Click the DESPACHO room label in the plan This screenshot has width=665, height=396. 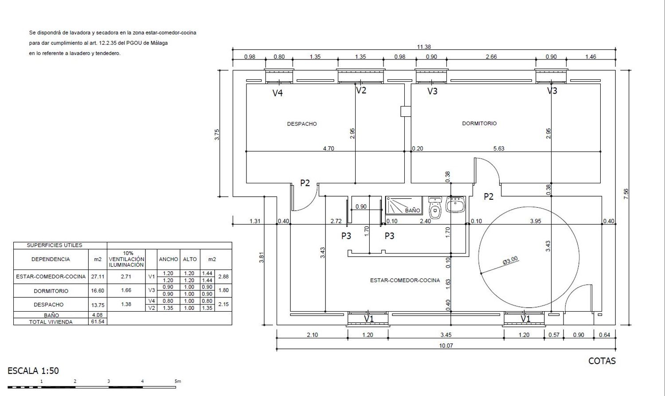coord(301,124)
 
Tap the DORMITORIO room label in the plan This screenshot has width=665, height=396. coord(479,123)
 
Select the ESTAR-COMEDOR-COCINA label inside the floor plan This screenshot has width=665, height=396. coord(405,280)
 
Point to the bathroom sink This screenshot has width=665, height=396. coord(455,205)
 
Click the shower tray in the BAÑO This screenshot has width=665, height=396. coord(404,206)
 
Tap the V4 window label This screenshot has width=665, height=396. coord(278,93)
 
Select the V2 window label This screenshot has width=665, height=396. coord(361,90)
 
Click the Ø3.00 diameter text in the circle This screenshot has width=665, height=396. coord(510,261)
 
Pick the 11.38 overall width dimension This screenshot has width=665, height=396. coord(424,47)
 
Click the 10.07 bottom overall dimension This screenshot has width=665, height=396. coord(446,345)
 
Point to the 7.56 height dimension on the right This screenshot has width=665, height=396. coord(626,194)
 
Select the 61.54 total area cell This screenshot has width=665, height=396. coord(98,322)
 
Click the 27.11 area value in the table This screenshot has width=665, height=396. coord(98,277)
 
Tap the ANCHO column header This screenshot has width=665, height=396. coord(168,259)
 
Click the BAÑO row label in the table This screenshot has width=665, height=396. coord(51,315)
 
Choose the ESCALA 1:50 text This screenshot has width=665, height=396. coord(33,371)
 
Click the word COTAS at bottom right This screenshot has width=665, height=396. coord(602,361)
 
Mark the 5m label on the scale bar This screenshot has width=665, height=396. coord(178,381)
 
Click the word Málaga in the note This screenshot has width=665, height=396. coord(159,43)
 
